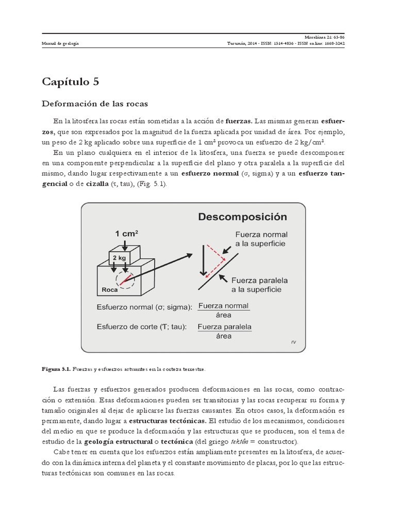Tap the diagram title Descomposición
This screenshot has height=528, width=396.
click(x=242, y=217)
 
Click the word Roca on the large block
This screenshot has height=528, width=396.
click(x=110, y=290)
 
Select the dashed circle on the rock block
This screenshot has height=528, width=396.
click(x=126, y=279)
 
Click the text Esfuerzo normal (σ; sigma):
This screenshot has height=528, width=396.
click(x=144, y=308)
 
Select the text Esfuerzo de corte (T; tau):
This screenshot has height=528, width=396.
click(x=141, y=326)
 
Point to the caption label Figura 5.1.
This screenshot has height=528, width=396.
click(x=56, y=369)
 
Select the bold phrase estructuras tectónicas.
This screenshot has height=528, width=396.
click(x=167, y=420)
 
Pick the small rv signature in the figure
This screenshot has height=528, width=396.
click(x=294, y=341)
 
